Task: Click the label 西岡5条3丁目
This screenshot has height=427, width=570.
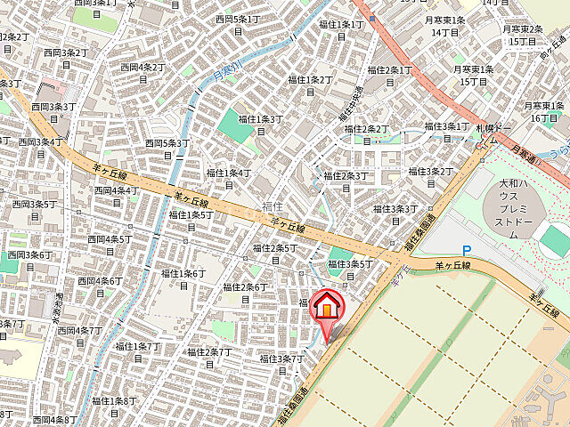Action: (x=167, y=149)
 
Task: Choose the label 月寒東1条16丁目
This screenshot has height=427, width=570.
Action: (x=543, y=111)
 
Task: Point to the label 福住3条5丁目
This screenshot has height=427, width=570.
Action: (x=349, y=269)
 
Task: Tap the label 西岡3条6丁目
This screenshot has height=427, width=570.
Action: (x=30, y=261)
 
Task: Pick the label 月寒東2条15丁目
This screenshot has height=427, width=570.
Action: (x=523, y=35)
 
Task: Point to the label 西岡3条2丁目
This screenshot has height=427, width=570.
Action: (x=65, y=59)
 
